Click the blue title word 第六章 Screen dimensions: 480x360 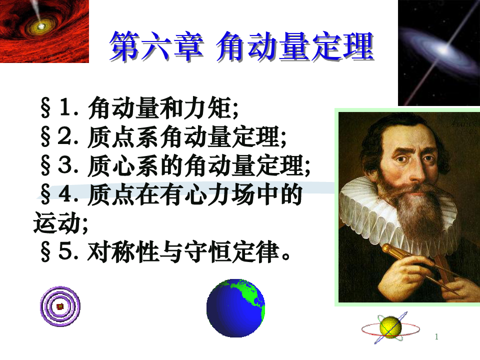[156, 46]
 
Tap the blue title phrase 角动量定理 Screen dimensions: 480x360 [295, 46]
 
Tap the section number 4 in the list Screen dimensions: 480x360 [65, 194]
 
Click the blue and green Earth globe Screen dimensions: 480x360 [235, 308]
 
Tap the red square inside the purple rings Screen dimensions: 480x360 [60, 306]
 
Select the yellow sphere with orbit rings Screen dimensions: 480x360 [390, 327]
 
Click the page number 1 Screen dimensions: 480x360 [436, 336]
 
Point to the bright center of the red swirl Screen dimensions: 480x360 [40, 26]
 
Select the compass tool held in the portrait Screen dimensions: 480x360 [428, 266]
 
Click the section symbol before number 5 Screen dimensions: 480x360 [45, 252]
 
